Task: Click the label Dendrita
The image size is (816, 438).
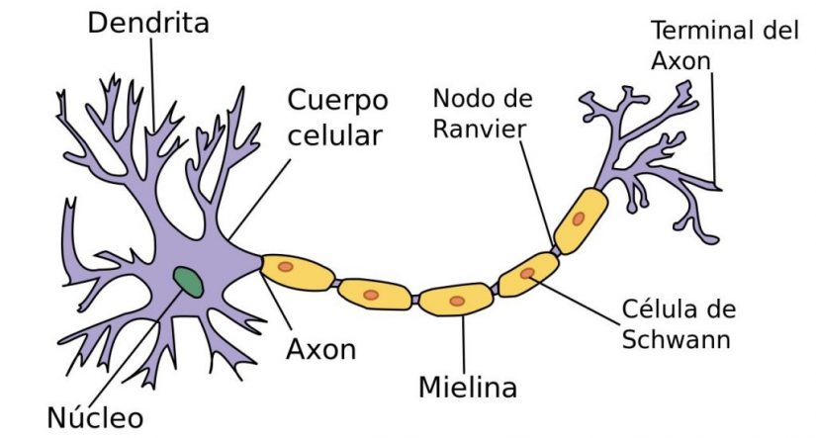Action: pyautogui.click(x=148, y=23)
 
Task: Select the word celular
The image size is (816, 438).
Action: pyautogui.click(x=334, y=134)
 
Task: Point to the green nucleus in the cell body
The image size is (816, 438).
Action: pyautogui.click(x=189, y=282)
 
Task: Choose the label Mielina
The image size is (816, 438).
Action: pyautogui.click(x=467, y=386)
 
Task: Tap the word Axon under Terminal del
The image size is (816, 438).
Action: pyautogui.click(x=681, y=60)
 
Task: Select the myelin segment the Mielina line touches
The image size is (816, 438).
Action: pyautogui.click(x=457, y=299)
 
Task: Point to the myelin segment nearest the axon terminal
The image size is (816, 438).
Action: pyautogui.click(x=580, y=219)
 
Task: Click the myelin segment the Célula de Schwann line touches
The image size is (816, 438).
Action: pyautogui.click(x=527, y=275)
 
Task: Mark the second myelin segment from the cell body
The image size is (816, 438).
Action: pyautogui.click(x=374, y=294)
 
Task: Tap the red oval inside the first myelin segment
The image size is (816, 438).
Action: pyautogui.click(x=285, y=266)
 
